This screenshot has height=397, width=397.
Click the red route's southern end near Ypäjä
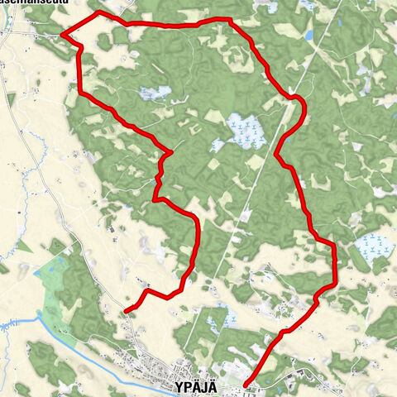[246, 384]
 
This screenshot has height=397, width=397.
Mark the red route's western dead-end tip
[126, 311]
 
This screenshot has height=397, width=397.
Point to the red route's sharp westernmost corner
[62, 35]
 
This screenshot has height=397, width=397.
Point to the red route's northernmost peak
[99, 13]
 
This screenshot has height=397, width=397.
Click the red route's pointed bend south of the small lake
[170, 152]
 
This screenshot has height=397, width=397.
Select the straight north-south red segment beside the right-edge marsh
[335, 265]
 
